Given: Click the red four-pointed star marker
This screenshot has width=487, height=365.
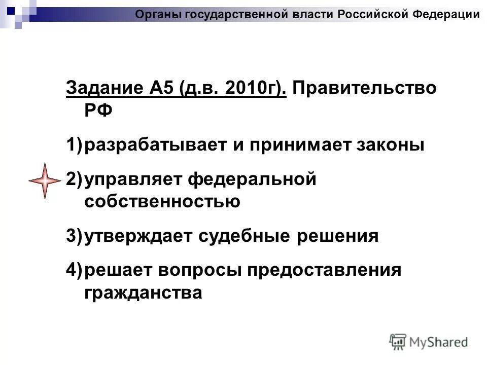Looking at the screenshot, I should [45, 180].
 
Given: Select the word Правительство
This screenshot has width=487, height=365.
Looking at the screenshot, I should [364, 87].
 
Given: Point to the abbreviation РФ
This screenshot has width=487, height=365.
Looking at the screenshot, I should [97, 110].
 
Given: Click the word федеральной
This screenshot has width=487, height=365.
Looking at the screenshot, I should [252, 178].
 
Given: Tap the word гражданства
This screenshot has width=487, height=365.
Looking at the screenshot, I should [143, 293].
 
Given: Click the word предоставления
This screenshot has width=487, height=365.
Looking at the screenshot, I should [325, 270].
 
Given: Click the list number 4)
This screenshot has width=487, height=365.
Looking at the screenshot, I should [74, 270].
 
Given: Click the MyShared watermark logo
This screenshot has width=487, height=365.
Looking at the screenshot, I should [429, 342].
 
